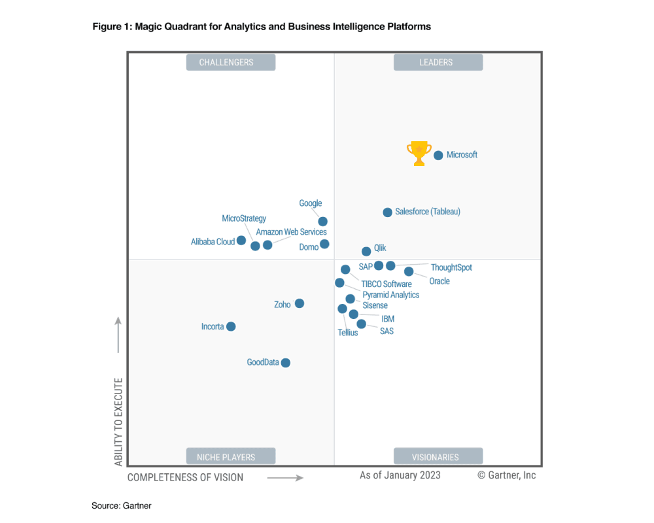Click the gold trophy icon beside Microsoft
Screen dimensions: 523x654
tap(419, 153)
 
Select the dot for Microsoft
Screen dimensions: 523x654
tap(438, 156)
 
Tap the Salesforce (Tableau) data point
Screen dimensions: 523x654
tap(387, 212)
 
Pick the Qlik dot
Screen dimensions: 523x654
tap(366, 251)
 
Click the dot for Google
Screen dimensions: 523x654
tap(322, 222)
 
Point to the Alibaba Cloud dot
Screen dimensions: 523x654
tap(241, 241)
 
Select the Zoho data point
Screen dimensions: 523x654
tap(299, 303)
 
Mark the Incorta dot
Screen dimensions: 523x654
tap(231, 326)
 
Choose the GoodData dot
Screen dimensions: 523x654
tap(285, 363)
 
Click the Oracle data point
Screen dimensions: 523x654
tap(409, 271)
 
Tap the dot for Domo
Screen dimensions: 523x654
tap(324, 244)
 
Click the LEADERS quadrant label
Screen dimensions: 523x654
tap(438, 62)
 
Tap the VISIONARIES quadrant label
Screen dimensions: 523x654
tap(438, 456)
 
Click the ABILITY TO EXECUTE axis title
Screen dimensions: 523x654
tap(118, 421)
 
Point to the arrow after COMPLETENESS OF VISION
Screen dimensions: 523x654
tap(285, 478)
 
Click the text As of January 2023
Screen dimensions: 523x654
tap(400, 475)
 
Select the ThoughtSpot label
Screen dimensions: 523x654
tap(451, 267)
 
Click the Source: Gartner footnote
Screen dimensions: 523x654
tap(122, 505)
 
